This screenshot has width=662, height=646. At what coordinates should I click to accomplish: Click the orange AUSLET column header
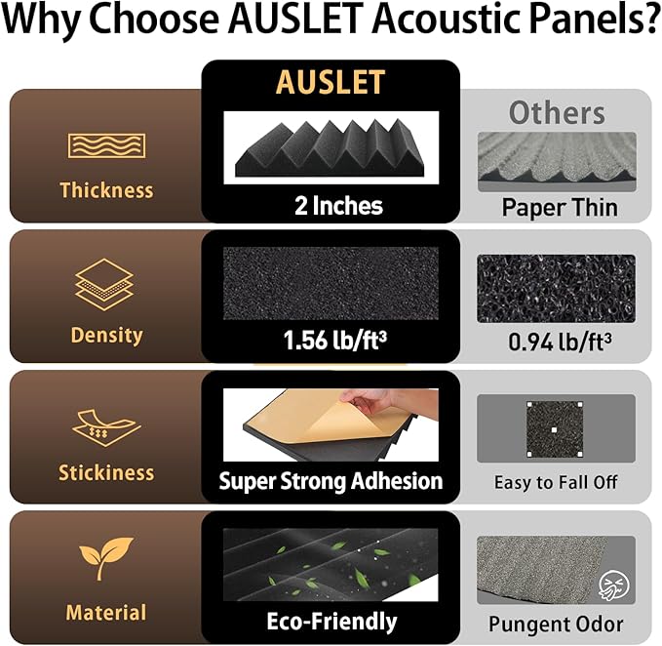(x=331, y=83)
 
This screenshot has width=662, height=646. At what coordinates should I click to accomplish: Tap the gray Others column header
(x=557, y=112)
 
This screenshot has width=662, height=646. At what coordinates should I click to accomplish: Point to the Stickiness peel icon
(x=104, y=426)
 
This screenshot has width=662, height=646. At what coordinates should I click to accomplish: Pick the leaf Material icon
(x=106, y=560)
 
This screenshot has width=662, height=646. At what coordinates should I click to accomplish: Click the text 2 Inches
(x=338, y=206)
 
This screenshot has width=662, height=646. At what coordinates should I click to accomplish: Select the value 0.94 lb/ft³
(x=557, y=343)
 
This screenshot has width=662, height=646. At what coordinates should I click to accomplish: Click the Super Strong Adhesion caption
(x=331, y=480)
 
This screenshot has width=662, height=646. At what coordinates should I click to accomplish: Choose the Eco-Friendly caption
(x=331, y=622)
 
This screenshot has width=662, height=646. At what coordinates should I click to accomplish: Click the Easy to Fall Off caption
(x=556, y=482)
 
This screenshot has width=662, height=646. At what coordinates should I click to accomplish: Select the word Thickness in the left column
(x=106, y=189)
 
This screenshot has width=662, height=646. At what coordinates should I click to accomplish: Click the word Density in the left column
(x=106, y=335)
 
